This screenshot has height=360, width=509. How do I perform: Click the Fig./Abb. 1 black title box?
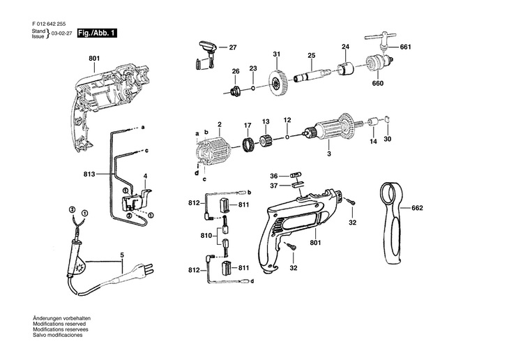97,33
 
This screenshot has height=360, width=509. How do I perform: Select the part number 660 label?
377,84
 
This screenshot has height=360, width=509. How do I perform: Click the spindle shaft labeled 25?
312,75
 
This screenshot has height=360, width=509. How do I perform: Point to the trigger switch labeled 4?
136,199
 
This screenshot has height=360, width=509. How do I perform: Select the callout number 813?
89,174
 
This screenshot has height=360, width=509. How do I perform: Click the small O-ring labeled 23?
253,88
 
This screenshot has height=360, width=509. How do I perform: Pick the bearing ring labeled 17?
249,144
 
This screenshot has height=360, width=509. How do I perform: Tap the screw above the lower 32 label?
290,246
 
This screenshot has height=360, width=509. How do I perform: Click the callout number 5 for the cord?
122,255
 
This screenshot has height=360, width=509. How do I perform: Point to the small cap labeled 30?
387,119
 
